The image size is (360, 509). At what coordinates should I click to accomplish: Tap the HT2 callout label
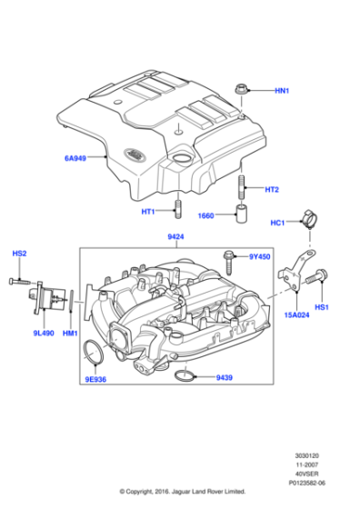pyautogui.click(x=272, y=190)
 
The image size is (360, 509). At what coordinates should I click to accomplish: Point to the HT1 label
pyautogui.click(x=147, y=212)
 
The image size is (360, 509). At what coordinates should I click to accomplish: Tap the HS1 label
pyautogui.click(x=324, y=308)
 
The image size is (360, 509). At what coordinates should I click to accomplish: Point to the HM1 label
pyautogui.click(x=69, y=334)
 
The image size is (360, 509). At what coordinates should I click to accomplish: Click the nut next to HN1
pyautogui.click(x=241, y=90)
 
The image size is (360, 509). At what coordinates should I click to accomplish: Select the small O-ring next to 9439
pyautogui.click(x=183, y=374)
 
